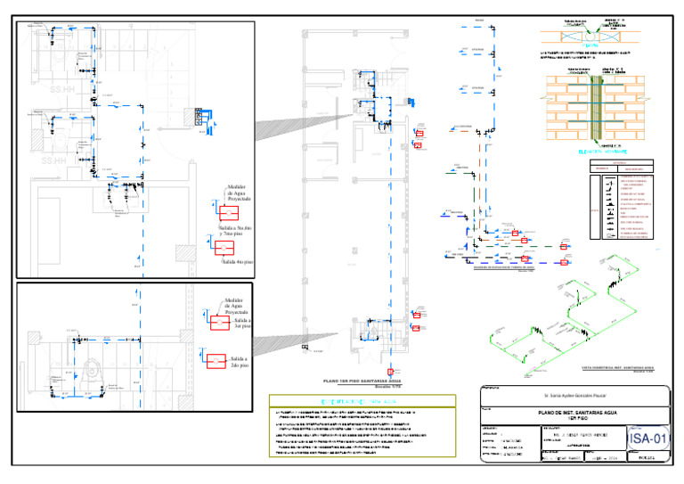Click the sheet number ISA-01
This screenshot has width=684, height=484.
click(647, 438)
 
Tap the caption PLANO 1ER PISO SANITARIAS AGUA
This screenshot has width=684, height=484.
click(365, 380)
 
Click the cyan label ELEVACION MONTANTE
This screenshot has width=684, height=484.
click(602, 152)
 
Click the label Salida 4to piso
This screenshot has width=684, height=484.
click(236, 262)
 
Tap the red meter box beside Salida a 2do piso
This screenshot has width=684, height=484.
click(216, 362)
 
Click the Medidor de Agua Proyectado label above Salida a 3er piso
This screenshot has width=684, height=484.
click(238, 307)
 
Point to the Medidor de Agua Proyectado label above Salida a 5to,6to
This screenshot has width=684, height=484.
click(239, 193)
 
